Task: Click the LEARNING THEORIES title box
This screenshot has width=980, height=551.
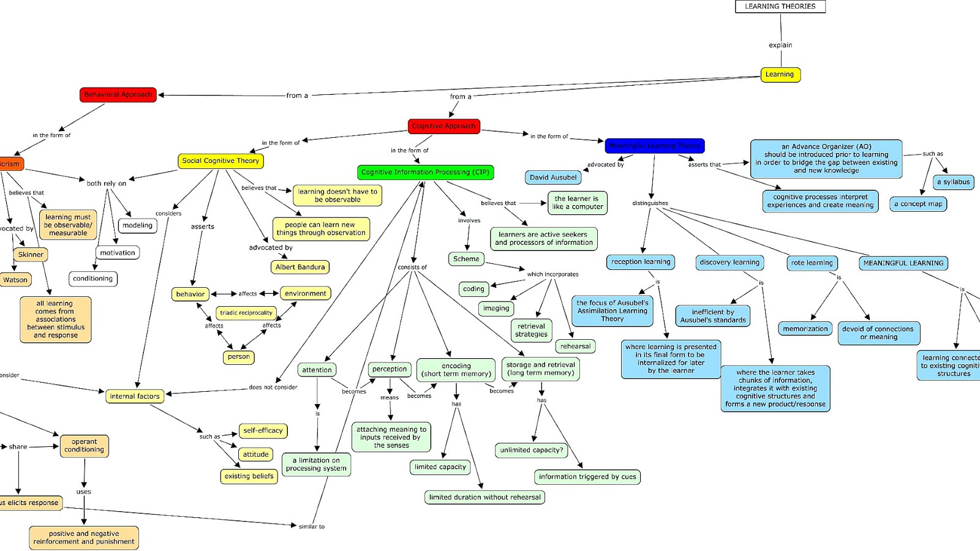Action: click(780, 7)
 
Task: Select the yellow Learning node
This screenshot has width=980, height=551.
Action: click(780, 75)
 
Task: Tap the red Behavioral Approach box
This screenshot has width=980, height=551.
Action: click(118, 95)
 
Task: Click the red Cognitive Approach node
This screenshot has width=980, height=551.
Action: click(443, 126)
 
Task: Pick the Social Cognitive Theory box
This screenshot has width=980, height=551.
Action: click(221, 161)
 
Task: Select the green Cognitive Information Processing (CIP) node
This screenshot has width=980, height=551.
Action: click(425, 173)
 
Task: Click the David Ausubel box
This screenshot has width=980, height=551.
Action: click(553, 178)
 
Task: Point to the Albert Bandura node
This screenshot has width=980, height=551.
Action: click(300, 267)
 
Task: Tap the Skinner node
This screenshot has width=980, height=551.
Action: click(31, 255)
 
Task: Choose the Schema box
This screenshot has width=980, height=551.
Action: click(466, 259)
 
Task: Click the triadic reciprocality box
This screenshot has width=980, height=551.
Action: click(246, 313)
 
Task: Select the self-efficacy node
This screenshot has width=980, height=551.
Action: click(263, 431)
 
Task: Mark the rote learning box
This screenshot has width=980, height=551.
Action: click(812, 263)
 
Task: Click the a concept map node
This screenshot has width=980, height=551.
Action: click(918, 204)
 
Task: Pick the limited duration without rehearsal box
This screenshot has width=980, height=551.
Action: click(484, 497)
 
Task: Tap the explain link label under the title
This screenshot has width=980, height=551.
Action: click(780, 45)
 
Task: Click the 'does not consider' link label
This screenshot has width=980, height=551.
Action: click(273, 388)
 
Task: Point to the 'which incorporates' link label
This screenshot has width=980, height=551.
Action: click(552, 274)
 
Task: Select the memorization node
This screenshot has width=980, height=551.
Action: click(805, 329)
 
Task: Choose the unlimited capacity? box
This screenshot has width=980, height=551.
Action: click(531, 450)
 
